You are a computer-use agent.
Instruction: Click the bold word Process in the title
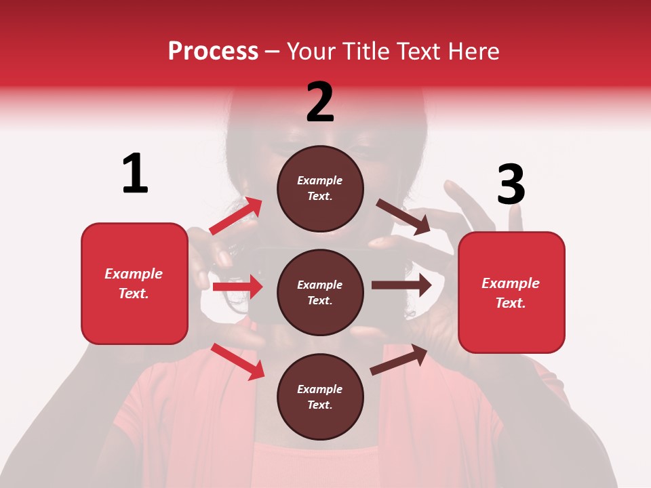[x=213, y=52]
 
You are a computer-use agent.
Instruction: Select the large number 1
[x=135, y=174]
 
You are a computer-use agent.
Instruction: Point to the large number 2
[x=320, y=102]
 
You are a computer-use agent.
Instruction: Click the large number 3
[x=511, y=184]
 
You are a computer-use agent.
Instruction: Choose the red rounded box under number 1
[x=134, y=283]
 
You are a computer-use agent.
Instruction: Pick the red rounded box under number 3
[x=511, y=293]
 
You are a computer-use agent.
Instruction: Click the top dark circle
[x=320, y=188]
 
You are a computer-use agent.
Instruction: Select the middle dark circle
[x=320, y=292]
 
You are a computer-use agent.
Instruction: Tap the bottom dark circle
[x=320, y=396]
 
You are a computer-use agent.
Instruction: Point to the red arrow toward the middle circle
[x=237, y=287]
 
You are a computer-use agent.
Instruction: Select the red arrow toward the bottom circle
[x=237, y=361]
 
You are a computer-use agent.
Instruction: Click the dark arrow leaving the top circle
[x=403, y=217]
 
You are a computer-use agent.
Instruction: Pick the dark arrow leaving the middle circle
[x=401, y=285]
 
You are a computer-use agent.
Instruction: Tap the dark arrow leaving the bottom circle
[x=399, y=359]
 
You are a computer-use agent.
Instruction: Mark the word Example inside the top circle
[x=320, y=181]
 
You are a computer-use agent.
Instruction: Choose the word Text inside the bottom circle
[x=319, y=405]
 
